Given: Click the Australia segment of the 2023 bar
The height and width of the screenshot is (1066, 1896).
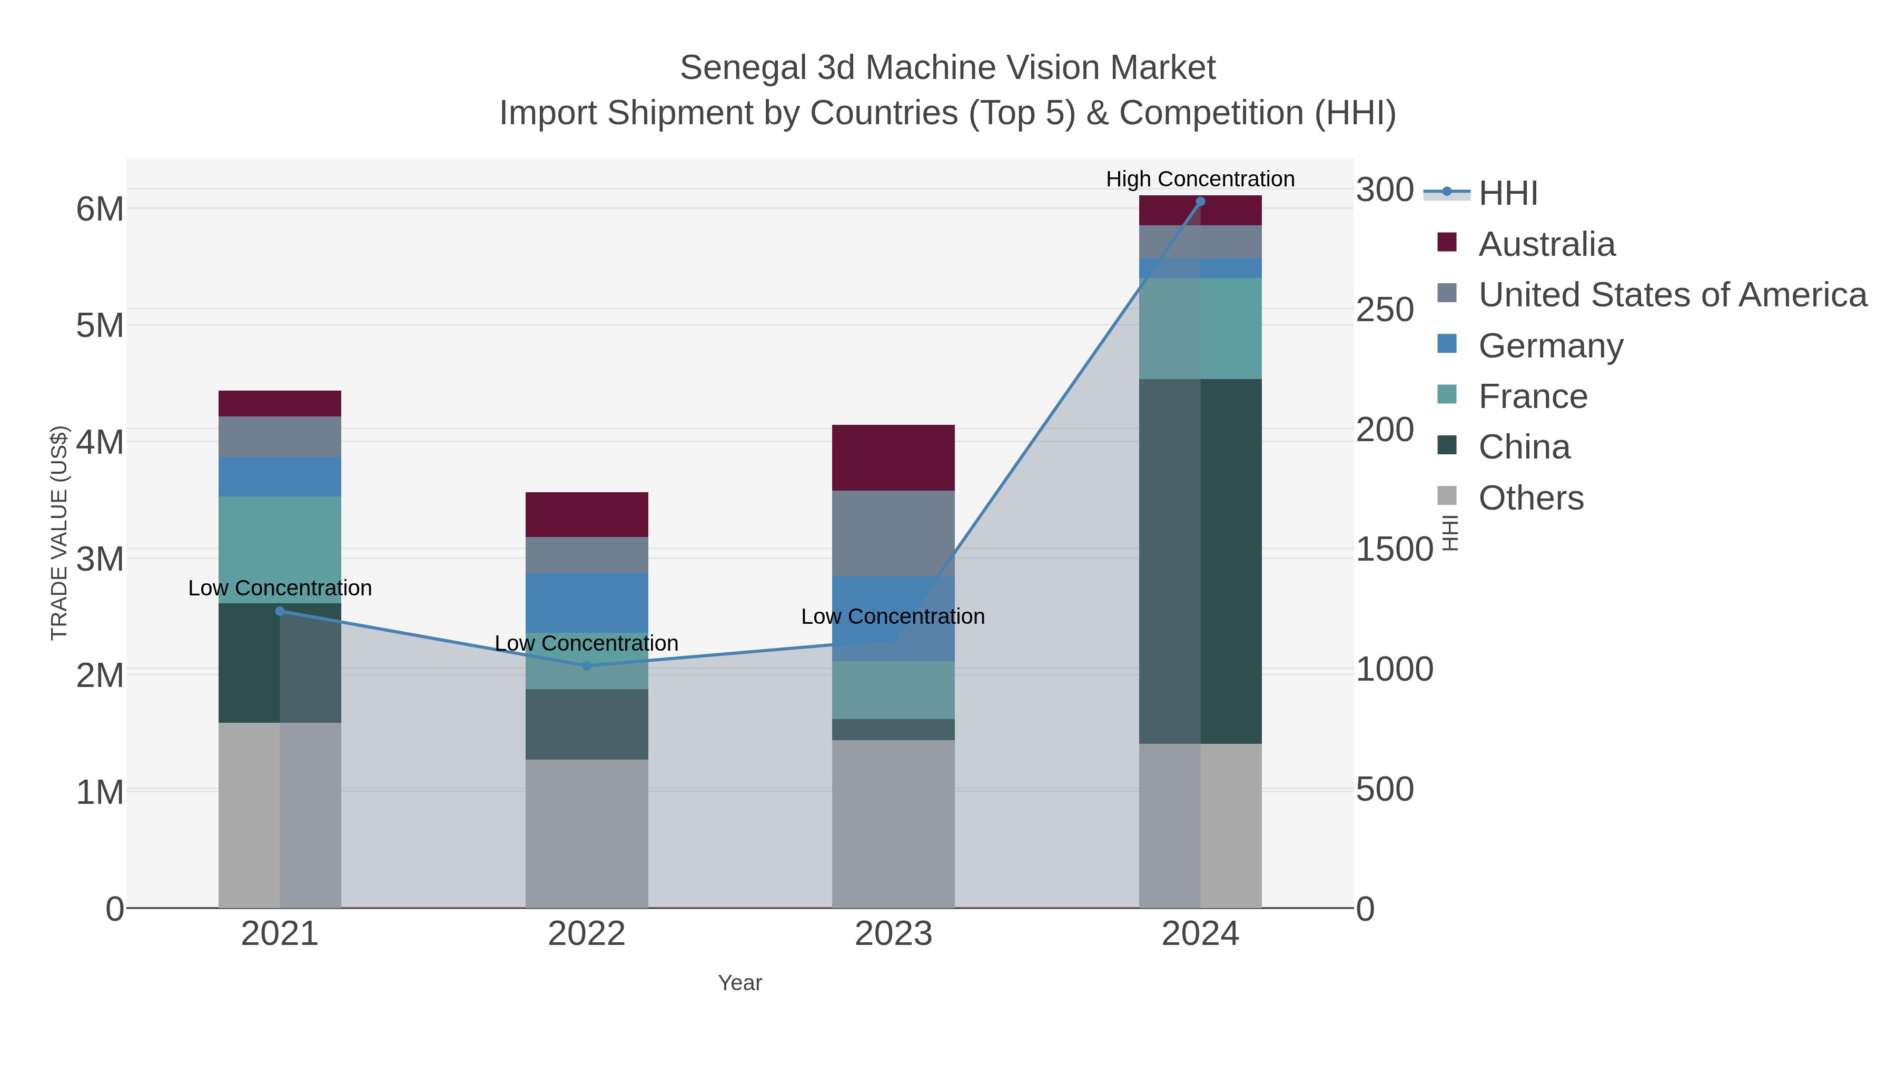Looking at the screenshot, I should pos(893,457).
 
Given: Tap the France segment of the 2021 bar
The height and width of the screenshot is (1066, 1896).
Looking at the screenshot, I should pos(280,550).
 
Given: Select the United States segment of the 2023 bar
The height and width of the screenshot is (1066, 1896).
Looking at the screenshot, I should pos(893,533).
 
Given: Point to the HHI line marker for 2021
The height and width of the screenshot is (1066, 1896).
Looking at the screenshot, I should pos(280,611).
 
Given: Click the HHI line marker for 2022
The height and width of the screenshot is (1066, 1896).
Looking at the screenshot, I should pos(587,666).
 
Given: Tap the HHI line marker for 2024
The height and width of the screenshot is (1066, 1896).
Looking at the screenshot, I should pos(1200,202).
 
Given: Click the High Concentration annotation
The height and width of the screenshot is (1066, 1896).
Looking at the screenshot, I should pos(1200,179).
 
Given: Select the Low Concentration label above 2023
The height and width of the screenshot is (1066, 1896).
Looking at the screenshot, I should pos(892,616).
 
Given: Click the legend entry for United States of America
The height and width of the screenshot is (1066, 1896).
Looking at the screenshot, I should pos(1672,294).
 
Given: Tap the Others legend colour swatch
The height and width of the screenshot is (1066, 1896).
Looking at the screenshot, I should pos(1446,496).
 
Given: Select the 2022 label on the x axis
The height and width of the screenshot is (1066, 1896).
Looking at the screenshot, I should pos(587,933).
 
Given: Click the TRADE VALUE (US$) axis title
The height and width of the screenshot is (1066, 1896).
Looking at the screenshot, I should pos(59,533).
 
